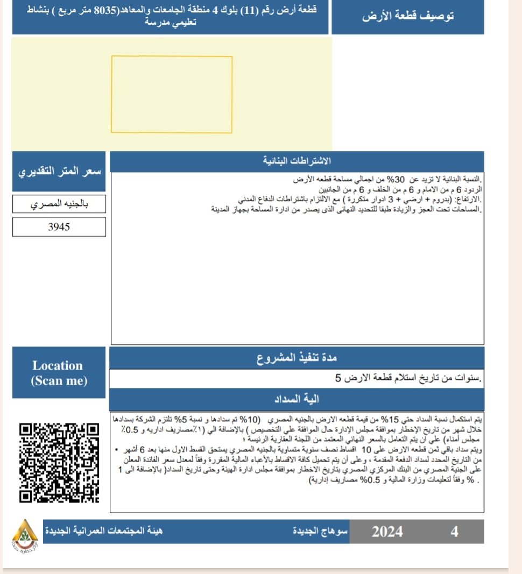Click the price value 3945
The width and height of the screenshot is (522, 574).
point(59,227)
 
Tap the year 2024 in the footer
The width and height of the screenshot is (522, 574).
point(387,532)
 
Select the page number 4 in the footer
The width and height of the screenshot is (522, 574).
point(454,532)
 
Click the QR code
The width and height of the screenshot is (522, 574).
point(60,463)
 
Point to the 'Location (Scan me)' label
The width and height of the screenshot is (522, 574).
point(59,373)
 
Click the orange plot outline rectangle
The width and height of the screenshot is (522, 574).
point(172,94)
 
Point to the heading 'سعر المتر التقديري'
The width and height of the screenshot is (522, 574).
point(59,172)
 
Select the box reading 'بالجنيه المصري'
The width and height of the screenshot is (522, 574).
point(59,204)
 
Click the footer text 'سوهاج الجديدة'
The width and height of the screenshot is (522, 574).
point(320,532)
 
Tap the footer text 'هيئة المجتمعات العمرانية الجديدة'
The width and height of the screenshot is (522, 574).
point(103,532)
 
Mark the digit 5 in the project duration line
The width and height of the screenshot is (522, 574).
point(338,378)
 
